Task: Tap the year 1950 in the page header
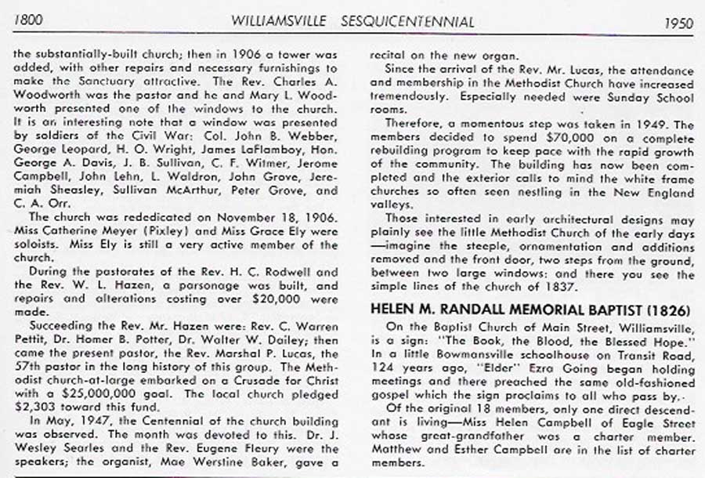[x=678, y=23]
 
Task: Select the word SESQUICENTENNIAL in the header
[x=408, y=22]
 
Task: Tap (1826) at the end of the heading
[x=671, y=306]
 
